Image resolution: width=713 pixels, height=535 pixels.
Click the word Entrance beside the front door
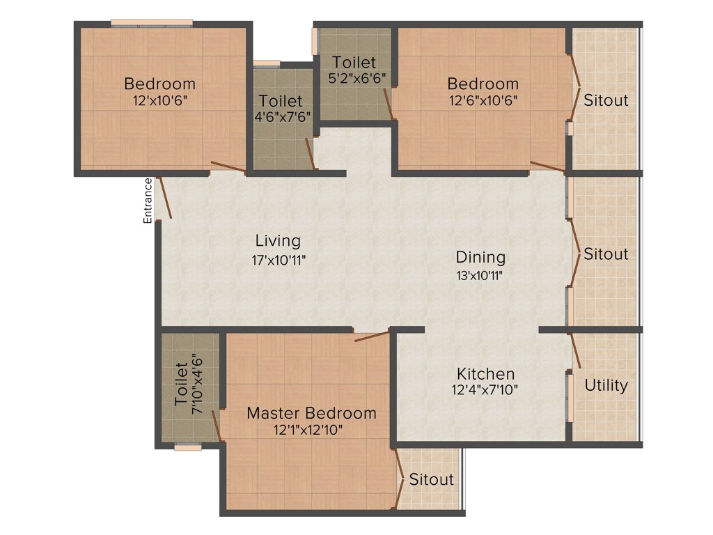click(x=148, y=201)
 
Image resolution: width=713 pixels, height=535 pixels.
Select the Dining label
click(x=480, y=257)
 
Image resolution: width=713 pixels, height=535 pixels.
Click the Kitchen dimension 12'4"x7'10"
click(x=485, y=390)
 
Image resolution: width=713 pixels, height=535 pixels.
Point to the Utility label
click(x=606, y=385)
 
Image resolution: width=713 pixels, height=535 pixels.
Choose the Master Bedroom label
click(x=311, y=413)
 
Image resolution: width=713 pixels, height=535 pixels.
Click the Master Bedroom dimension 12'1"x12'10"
click(x=308, y=430)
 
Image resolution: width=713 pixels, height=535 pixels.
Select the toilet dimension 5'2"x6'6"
click(x=357, y=78)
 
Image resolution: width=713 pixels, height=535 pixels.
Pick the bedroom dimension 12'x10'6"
click(x=159, y=100)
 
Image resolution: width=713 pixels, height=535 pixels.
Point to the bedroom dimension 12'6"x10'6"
click(x=483, y=100)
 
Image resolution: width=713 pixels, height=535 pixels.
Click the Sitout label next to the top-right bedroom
click(x=605, y=100)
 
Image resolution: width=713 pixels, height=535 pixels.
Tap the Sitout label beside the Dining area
click(x=605, y=254)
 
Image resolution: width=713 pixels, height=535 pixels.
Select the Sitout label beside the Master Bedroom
click(x=431, y=479)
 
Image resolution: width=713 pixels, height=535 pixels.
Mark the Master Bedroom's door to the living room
click(x=371, y=337)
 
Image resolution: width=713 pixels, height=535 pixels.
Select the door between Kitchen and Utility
click(x=574, y=352)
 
